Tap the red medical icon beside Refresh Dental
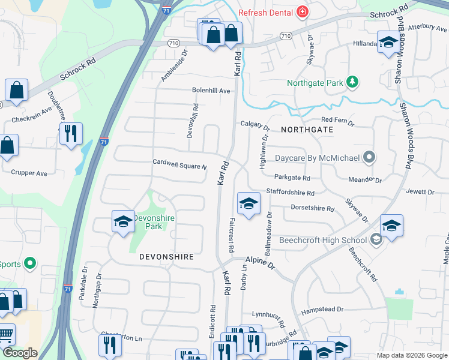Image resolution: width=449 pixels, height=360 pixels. pyautogui.click(x=303, y=13)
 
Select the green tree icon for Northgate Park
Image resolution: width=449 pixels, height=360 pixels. pyautogui.click(x=354, y=82)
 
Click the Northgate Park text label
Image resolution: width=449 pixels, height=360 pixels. pyautogui.click(x=315, y=83)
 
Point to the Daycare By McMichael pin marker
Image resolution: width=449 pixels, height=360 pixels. pyautogui.click(x=369, y=158)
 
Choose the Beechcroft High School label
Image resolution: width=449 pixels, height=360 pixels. pyautogui.click(x=328, y=241)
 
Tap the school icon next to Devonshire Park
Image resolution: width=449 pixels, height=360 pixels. pyautogui.click(x=123, y=222)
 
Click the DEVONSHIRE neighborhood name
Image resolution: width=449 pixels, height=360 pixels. pyautogui.click(x=166, y=257)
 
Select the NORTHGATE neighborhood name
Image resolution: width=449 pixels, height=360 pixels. pyautogui.click(x=306, y=129)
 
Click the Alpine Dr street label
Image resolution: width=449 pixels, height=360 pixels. pyautogui.click(x=259, y=263)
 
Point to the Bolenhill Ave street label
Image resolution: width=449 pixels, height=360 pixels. pyautogui.click(x=211, y=91)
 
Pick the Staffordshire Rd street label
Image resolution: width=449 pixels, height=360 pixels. pyautogui.click(x=294, y=193)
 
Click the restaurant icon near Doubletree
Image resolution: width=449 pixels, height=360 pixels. pyautogui.click(x=71, y=134)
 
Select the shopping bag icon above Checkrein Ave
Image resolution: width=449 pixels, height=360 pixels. pyautogui.click(x=16, y=91)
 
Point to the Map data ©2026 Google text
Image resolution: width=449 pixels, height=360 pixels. pyautogui.click(x=412, y=355)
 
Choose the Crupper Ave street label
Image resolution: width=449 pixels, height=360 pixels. pyautogui.click(x=29, y=173)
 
